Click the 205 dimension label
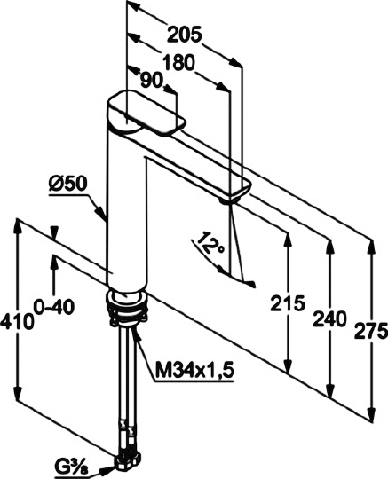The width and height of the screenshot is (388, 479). point(184,35)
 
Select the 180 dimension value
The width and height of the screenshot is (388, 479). point(178,63)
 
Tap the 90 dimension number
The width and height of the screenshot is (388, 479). point(151,81)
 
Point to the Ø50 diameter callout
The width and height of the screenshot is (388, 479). point(67,185)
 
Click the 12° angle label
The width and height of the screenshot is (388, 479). point(210,243)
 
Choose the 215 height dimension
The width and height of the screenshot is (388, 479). point(288,303)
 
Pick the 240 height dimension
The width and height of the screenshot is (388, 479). point(329,318)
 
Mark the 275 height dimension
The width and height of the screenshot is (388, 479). point(370,331)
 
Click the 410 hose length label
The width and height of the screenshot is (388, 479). point(17,321)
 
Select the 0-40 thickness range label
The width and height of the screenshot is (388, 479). point(55,306)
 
